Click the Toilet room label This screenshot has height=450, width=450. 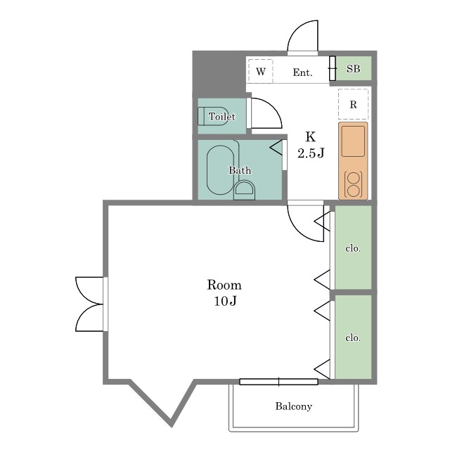(x=222, y=117)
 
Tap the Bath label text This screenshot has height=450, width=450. (x=240, y=170)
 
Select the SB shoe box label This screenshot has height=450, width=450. (x=353, y=69)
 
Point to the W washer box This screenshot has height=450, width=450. (x=261, y=71)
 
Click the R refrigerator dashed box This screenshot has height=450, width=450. (x=353, y=104)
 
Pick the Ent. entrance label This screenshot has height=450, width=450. (x=302, y=72)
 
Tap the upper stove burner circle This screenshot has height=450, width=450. (x=353, y=178)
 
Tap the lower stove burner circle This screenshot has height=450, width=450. (x=353, y=191)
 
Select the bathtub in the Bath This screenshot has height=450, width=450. (x=220, y=170)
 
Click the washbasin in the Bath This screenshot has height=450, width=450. (x=244, y=190)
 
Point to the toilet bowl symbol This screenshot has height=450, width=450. (x=213, y=116)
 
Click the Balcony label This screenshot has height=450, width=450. (x=294, y=406)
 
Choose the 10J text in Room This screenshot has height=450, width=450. (x=225, y=301)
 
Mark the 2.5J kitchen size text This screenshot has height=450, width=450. (x=311, y=153)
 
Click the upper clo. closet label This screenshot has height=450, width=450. (x=353, y=248)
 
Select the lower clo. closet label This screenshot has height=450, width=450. (x=353, y=337)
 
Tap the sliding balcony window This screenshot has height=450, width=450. (x=278, y=382)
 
